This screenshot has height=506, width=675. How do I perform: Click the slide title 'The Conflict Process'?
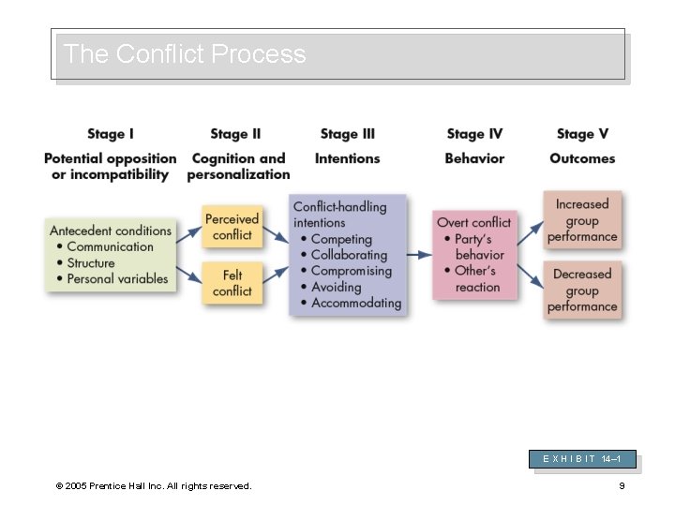pyautogui.click(x=185, y=54)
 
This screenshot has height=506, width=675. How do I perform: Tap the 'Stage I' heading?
pyautogui.click(x=111, y=134)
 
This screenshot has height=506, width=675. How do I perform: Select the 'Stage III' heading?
pyautogui.click(x=347, y=134)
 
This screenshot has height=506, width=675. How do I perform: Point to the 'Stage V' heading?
pyautogui.click(x=582, y=134)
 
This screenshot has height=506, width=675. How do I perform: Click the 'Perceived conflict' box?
pyautogui.click(x=232, y=227)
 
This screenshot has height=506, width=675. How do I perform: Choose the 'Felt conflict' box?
pyautogui.click(x=232, y=283)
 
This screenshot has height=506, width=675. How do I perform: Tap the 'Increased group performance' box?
pyautogui.click(x=582, y=220)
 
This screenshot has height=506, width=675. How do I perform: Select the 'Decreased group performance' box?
pyautogui.click(x=582, y=290)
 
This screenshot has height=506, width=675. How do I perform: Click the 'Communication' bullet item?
pyautogui.click(x=110, y=246)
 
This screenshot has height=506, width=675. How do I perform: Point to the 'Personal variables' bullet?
pyautogui.click(x=117, y=278)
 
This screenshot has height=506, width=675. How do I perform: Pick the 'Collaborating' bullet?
pyautogui.click(x=349, y=255)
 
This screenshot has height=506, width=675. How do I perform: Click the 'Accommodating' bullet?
pyautogui.click(x=356, y=303)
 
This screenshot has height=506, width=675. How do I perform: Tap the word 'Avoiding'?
pyautogui.click(x=336, y=287)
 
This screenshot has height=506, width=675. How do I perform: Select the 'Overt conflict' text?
pyautogui.click(x=473, y=222)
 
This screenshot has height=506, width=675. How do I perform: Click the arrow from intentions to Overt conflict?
pyautogui.click(x=419, y=255)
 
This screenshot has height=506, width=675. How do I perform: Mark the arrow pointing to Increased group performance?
pyautogui.click(x=530, y=233)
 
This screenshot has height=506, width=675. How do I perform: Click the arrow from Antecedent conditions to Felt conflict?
pyautogui.click(x=188, y=274)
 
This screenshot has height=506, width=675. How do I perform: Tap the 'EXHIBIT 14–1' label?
pyautogui.click(x=582, y=459)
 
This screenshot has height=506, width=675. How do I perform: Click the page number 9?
pyautogui.click(x=622, y=485)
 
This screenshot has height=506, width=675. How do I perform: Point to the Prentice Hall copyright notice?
pyautogui.click(x=154, y=485)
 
